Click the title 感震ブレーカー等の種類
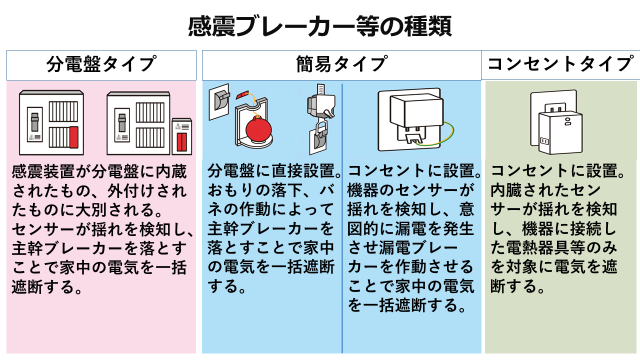click(320, 26)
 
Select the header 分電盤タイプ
click(101, 64)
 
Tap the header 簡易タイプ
click(341, 64)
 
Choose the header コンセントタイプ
click(560, 64)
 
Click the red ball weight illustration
click(258, 129)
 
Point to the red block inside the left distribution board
click(74, 137)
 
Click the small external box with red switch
click(182, 136)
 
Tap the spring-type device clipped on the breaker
click(321, 119)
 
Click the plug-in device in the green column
click(556, 122)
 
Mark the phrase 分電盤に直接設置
click(271, 171)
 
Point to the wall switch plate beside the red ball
click(220, 102)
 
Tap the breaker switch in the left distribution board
click(35, 122)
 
